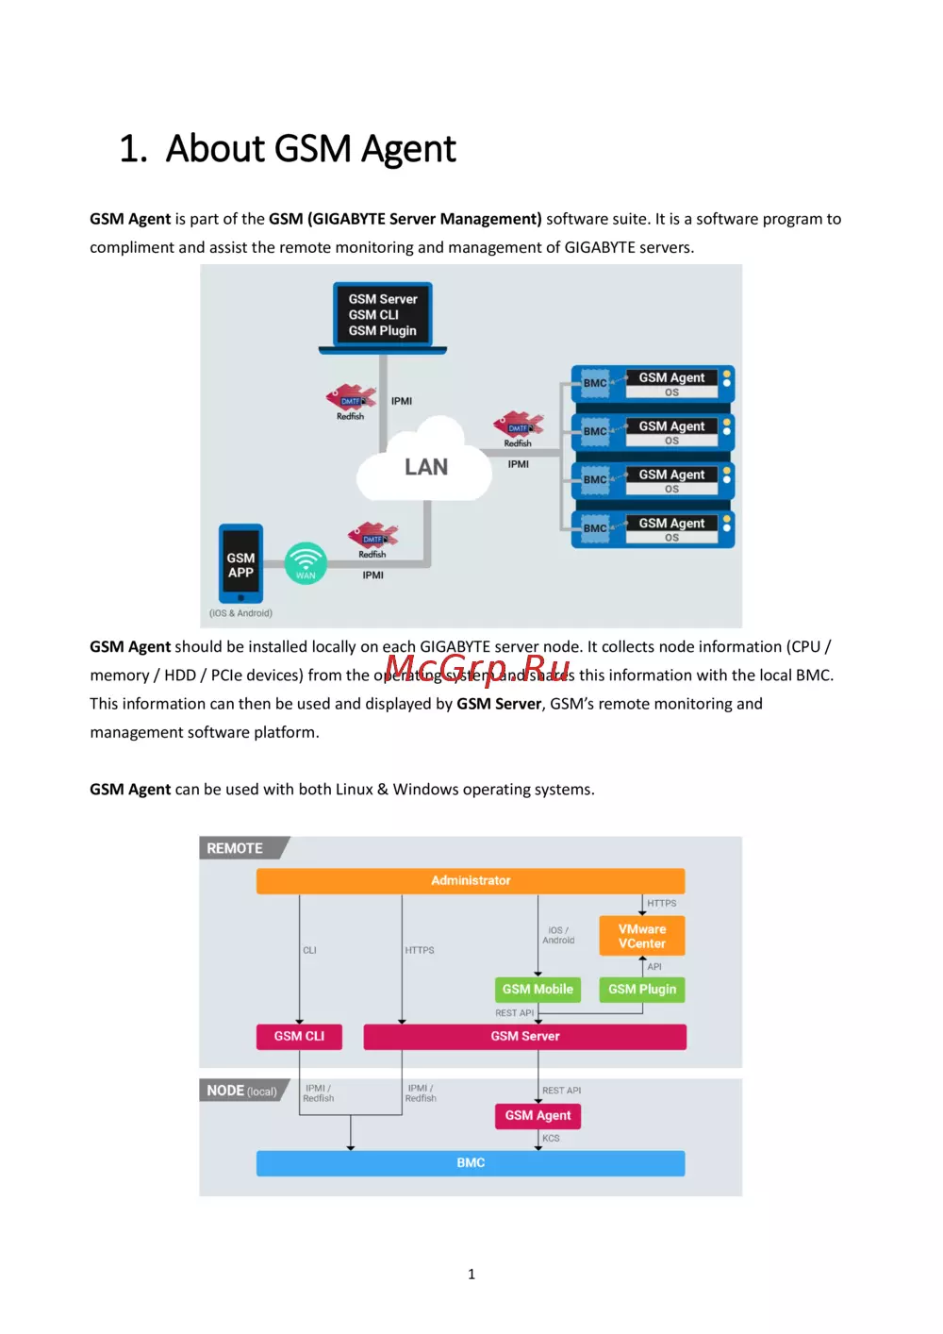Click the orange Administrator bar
(x=471, y=880)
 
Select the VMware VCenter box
(x=642, y=936)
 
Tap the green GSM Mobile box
(x=538, y=989)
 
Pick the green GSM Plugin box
(x=642, y=989)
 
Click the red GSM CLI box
(x=299, y=1036)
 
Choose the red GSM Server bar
(x=525, y=1036)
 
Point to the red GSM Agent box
(x=538, y=1115)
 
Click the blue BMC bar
(x=471, y=1163)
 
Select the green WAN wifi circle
(x=306, y=563)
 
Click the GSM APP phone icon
(x=240, y=564)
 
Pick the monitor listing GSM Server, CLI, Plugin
(x=383, y=315)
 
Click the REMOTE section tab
(x=236, y=848)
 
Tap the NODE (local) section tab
(x=241, y=1091)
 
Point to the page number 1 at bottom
(x=471, y=1274)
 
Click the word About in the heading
(x=216, y=149)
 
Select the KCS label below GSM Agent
(x=551, y=1139)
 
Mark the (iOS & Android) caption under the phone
(x=240, y=613)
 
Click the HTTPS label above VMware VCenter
(x=661, y=903)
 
